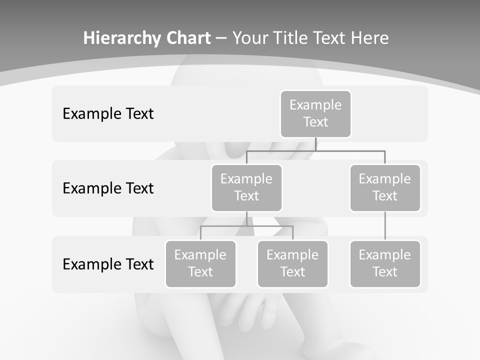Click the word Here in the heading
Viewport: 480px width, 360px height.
coord(370,38)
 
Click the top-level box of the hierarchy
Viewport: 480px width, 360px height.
coord(315,114)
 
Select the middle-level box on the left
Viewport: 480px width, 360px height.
coord(246,188)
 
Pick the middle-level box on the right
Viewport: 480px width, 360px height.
coord(385,188)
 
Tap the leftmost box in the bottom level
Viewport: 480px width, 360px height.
coord(200,264)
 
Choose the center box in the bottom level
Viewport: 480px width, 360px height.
coord(292,264)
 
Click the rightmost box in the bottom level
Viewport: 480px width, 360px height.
coord(385,264)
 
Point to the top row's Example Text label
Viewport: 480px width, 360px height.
coord(108,114)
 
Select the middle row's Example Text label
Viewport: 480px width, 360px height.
coord(108,188)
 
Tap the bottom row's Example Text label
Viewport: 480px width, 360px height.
coord(108,264)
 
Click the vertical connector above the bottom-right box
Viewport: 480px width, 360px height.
coord(385,226)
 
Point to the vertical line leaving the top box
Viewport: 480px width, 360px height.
coord(315,144)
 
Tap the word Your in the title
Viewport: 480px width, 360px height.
coord(250,38)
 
